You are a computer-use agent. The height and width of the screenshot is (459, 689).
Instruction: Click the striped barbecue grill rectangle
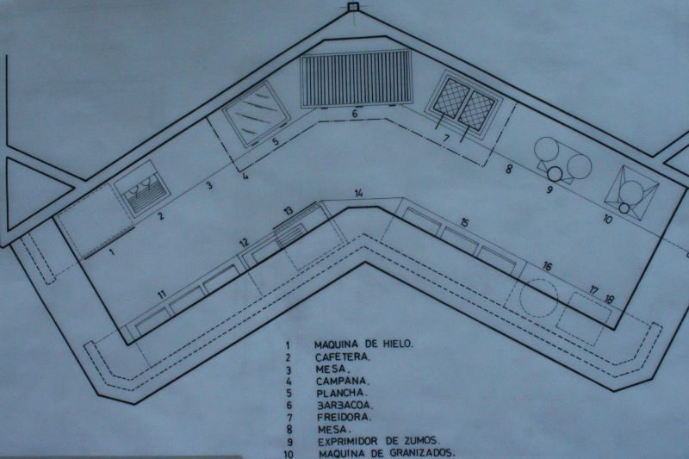point(356,78)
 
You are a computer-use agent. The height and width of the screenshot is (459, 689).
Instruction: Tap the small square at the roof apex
point(353,7)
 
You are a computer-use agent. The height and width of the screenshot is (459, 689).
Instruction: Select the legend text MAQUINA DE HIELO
point(363,344)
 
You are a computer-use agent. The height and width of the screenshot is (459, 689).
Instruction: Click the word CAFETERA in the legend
point(343,357)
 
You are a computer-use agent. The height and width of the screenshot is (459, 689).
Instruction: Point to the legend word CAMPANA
point(343,381)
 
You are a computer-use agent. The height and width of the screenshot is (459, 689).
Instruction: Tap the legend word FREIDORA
point(344,417)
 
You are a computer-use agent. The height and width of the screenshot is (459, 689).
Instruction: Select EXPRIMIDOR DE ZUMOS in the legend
point(378,441)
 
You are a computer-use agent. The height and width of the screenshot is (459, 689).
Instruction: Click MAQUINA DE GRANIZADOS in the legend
point(387,453)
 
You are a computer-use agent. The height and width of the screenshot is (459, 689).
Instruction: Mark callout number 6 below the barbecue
point(355,114)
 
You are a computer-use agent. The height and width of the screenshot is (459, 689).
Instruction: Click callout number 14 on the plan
point(359,193)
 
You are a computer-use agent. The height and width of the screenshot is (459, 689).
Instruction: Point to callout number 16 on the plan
point(547,266)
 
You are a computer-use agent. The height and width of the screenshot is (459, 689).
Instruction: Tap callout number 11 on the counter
point(163,294)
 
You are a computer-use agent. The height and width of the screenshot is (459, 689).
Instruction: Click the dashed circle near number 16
point(539,297)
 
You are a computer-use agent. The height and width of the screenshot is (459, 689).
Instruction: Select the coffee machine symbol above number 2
point(142,188)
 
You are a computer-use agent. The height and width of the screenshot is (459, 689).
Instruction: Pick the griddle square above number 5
point(257,113)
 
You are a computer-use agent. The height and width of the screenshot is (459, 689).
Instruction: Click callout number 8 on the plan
point(508,169)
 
